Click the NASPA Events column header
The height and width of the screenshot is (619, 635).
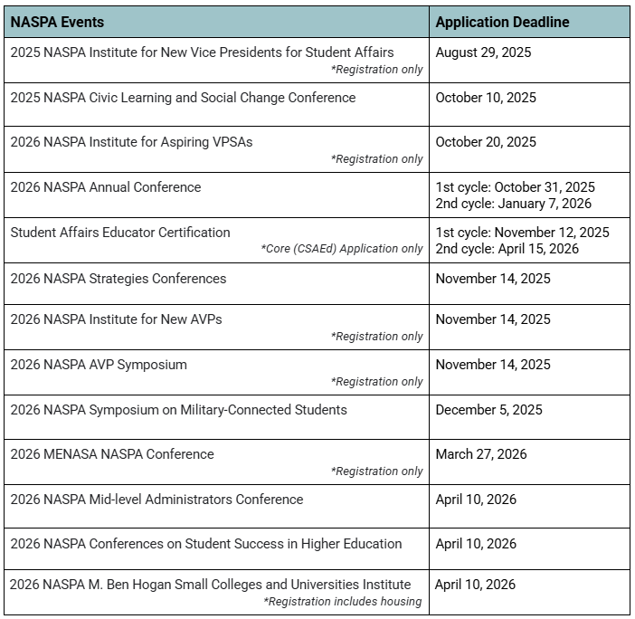pyautogui.click(x=57, y=22)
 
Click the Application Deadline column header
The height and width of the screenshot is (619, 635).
pyautogui.click(x=502, y=22)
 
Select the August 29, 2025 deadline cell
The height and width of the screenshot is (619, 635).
pyautogui.click(x=483, y=52)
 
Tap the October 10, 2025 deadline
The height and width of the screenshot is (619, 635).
pyautogui.click(x=486, y=98)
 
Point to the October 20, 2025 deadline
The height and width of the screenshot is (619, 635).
pyautogui.click(x=486, y=142)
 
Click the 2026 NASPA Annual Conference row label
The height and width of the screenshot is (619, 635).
pyautogui.click(x=106, y=187)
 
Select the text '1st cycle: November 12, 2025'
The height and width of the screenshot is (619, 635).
pyautogui.click(x=522, y=233)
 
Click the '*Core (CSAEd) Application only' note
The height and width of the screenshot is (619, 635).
pyautogui.click(x=342, y=249)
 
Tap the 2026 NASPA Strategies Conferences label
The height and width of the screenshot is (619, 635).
pyautogui.click(x=118, y=278)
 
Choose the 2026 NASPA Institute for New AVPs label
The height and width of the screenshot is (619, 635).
pyautogui.click(x=116, y=319)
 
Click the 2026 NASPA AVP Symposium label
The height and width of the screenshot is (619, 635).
pyautogui.click(x=99, y=365)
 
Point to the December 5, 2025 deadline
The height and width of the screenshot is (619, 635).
pyautogui.click(x=488, y=410)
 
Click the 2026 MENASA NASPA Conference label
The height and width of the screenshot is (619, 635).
pyautogui.click(x=112, y=454)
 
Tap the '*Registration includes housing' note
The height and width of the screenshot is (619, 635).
pyautogui.click(x=343, y=602)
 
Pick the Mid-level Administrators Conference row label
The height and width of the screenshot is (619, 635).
pyautogui.click(x=156, y=500)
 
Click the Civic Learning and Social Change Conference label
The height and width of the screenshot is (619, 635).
pyautogui.click(x=183, y=98)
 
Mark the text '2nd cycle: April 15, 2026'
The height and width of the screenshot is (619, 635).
pyautogui.click(x=507, y=249)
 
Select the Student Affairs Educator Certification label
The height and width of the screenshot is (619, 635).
pyautogui.click(x=120, y=233)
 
